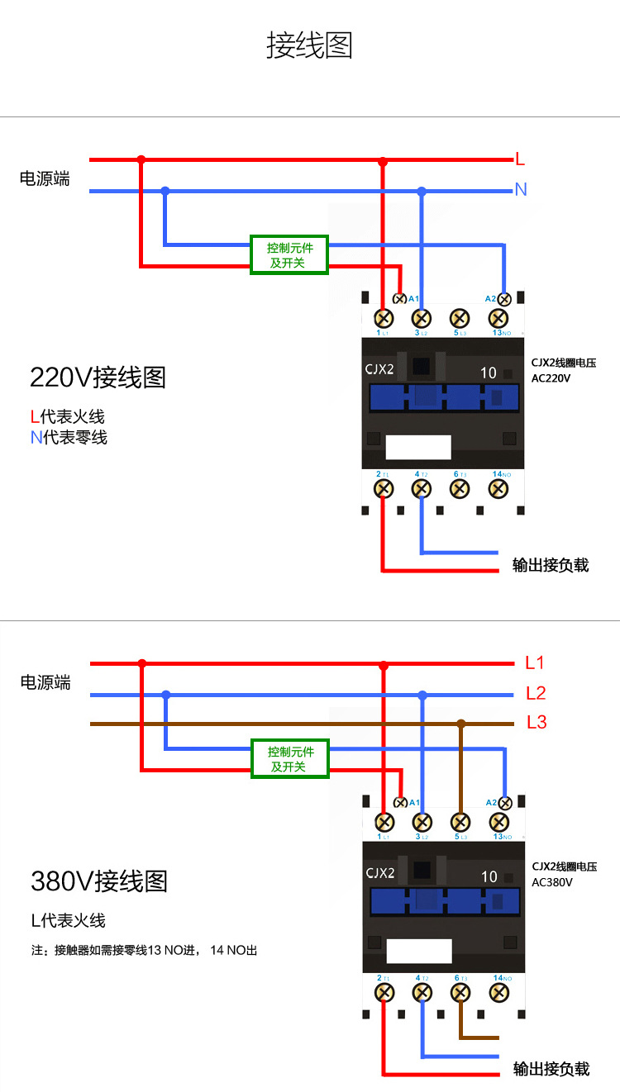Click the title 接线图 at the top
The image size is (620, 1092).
[x=309, y=45]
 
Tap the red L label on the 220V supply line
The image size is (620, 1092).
[x=520, y=159]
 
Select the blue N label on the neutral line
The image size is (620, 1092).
[x=521, y=190]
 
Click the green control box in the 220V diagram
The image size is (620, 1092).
[x=289, y=255]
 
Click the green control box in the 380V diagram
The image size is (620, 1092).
[x=289, y=759]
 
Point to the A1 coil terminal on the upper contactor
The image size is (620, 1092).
[x=400, y=299]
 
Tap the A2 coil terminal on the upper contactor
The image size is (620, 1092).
[x=503, y=299]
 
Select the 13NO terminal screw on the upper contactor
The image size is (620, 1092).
[x=498, y=318]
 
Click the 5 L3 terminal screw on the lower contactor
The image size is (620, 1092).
[x=460, y=822]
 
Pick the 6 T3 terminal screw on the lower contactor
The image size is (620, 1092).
[x=460, y=992]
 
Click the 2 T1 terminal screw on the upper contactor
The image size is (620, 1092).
[x=384, y=488]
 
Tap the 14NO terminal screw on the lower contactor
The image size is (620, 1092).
[x=499, y=992]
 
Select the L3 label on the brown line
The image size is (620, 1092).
[x=537, y=723]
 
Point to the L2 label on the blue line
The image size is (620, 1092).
[x=536, y=693]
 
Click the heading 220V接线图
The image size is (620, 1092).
[x=98, y=377]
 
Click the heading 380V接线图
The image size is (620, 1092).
[x=99, y=881]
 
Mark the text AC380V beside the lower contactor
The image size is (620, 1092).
[x=552, y=882]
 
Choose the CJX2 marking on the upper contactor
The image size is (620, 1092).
[x=379, y=369]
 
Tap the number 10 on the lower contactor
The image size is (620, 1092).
[x=489, y=876]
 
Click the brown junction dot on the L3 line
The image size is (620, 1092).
[x=461, y=724]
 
